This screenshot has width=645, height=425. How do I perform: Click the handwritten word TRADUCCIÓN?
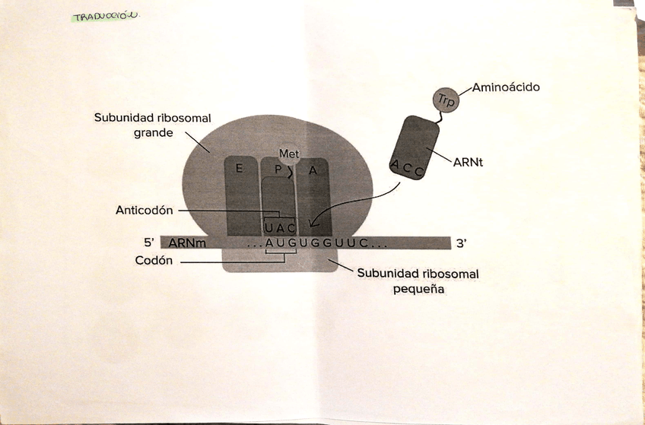pos(106,17)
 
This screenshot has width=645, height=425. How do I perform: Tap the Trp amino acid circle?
pos(443,99)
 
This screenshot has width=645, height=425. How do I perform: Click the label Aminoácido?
pos(506,87)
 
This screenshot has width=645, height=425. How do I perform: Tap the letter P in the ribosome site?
pos(278,170)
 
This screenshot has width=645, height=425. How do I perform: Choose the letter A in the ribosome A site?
pos(312,170)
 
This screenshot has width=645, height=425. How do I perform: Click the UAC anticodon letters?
pos(279,227)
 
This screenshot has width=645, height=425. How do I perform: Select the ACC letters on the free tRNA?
pos(407,169)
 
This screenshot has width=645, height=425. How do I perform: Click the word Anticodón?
pos(145,210)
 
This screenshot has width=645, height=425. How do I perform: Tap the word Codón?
pos(155,260)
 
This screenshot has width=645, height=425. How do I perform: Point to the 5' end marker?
pos(149,243)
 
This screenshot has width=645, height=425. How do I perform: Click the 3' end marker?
pos(461,243)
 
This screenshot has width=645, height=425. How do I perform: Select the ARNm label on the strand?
pos(187,243)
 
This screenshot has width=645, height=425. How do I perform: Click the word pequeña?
pos(418,289)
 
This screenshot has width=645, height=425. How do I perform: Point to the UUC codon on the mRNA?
pos(351,243)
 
